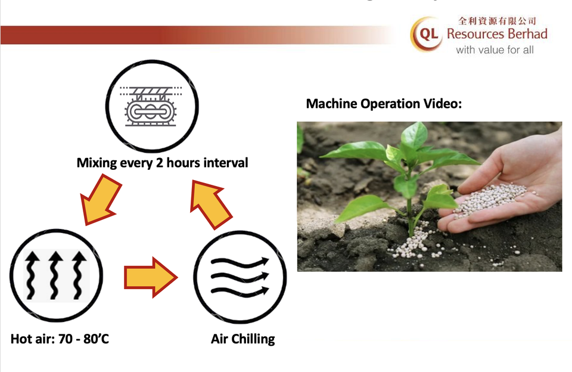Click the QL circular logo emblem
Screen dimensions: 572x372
[x=427, y=33]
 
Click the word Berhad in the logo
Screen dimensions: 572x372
[x=527, y=34]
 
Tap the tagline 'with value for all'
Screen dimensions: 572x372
[x=495, y=49]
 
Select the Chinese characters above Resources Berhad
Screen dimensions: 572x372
[x=497, y=21]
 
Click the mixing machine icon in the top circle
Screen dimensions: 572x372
[x=151, y=106]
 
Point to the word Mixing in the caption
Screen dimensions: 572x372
[x=97, y=163]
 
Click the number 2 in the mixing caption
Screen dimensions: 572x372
[x=160, y=163]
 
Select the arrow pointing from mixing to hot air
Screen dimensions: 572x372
[x=100, y=199]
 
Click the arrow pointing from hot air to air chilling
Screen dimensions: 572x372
[x=151, y=277]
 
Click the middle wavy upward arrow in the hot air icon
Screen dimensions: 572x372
[x=55, y=275]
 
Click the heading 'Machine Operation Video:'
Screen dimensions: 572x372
[x=384, y=104]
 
